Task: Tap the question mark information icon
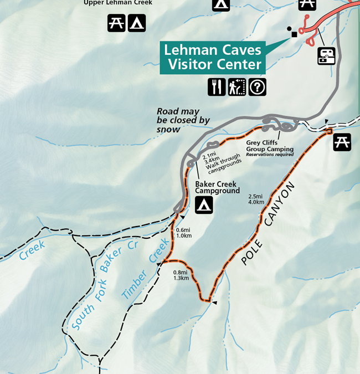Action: pyautogui.click(x=257, y=87)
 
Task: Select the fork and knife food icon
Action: pyautogui.click(x=217, y=87)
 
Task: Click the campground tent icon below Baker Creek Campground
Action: pyautogui.click(x=204, y=205)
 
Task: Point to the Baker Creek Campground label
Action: pyautogui.click(x=217, y=187)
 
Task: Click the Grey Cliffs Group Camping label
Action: pyautogui.click(x=270, y=145)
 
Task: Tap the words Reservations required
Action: pyautogui.click(x=270, y=155)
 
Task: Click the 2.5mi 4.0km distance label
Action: pyautogui.click(x=256, y=199)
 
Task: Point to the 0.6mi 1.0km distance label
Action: pyautogui.click(x=183, y=233)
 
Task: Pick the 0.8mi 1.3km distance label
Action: pyautogui.click(x=181, y=275)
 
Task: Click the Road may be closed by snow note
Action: pyautogui.click(x=183, y=120)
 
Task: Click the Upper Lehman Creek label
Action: pyautogui.click(x=117, y=3)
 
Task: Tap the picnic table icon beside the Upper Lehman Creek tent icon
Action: pyautogui.click(x=116, y=23)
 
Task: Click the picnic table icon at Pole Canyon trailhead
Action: pyautogui.click(x=342, y=142)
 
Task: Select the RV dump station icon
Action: pyautogui.click(x=326, y=55)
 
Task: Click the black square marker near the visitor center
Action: pyautogui.click(x=294, y=34)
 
